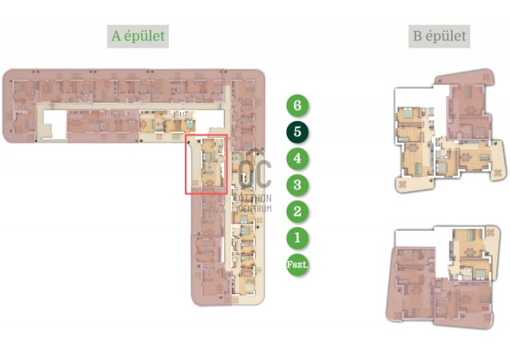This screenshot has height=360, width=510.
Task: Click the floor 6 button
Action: [297, 105]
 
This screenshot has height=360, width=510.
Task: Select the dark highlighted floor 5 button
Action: [297, 132]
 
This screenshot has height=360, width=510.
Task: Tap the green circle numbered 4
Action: [297, 158]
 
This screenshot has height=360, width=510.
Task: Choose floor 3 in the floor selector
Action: [297, 185]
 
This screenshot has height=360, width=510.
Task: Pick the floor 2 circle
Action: [297, 211]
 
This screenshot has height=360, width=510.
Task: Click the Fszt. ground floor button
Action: [297, 264]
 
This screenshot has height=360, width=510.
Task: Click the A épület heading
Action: [138, 36]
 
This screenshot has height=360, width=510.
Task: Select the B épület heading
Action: [439, 36]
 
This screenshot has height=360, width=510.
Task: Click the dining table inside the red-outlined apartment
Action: [210, 182]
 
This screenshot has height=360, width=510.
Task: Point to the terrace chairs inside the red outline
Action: [195, 183]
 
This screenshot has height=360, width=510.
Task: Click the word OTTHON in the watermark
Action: [255, 198]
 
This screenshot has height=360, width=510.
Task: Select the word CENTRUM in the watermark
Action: [255, 209]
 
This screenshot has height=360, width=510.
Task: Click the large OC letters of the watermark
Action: [255, 174]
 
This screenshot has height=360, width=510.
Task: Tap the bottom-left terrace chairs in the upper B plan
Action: [402, 185]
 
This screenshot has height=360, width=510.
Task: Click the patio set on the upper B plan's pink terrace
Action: [486, 77]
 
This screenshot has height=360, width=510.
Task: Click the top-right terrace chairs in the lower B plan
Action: [490, 233]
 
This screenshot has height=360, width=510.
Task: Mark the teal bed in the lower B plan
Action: [480, 275]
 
